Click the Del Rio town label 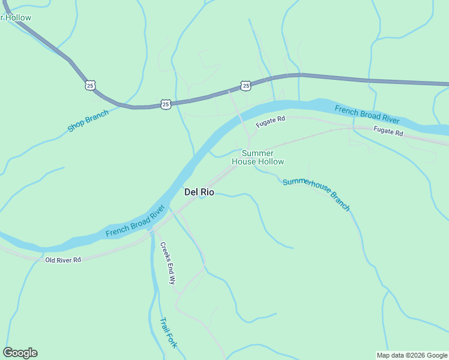tap(199, 192)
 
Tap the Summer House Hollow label tap(258, 157)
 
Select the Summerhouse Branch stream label tap(316, 193)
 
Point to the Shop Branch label tap(88, 121)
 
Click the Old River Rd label tap(62, 260)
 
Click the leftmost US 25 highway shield tap(89, 86)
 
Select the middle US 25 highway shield tap(166, 104)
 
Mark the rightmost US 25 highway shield tap(246, 86)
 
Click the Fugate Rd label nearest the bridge tap(270, 122)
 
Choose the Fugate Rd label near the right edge tap(388, 131)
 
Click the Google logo tap(20, 353)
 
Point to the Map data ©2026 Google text tap(412, 355)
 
